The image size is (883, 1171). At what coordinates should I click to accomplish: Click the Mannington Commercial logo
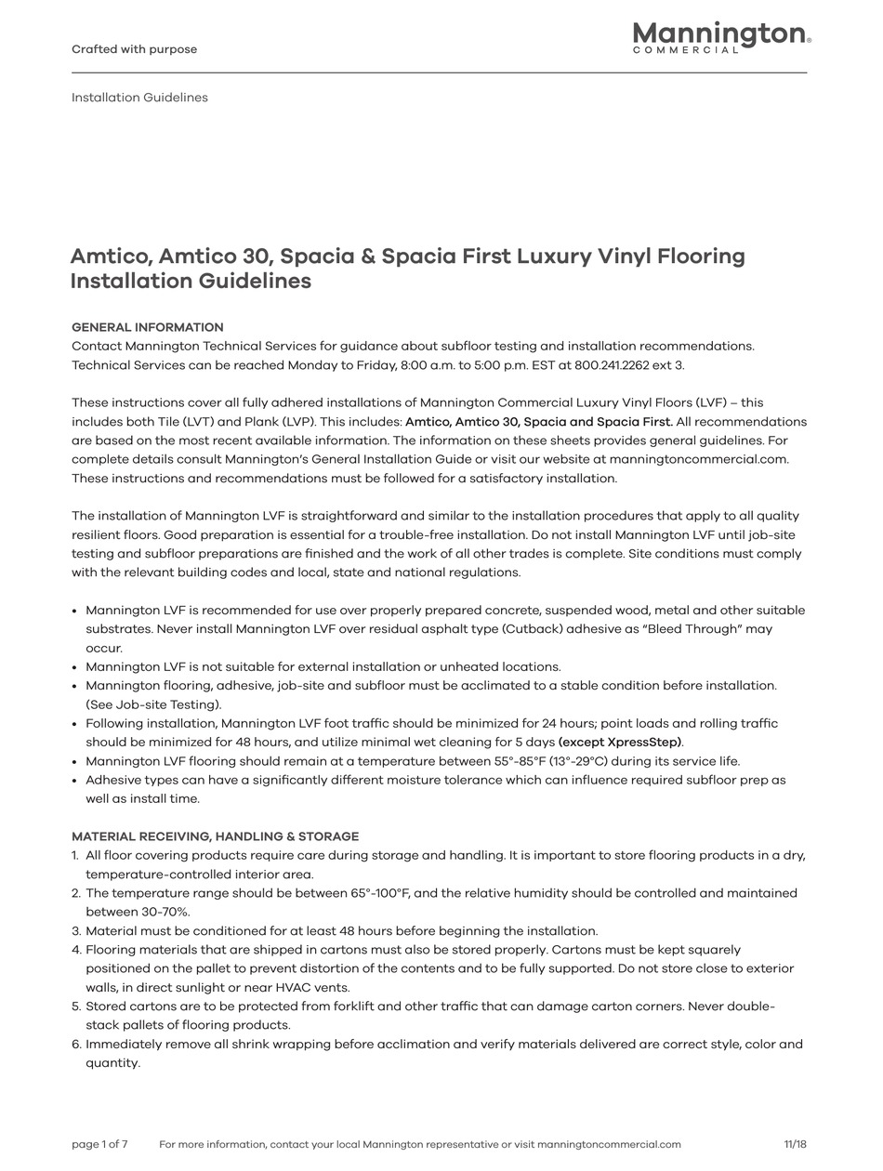pos(721,37)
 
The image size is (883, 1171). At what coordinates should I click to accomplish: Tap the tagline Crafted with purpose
pos(134,49)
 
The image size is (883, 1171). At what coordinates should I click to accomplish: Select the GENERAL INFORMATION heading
pos(147,327)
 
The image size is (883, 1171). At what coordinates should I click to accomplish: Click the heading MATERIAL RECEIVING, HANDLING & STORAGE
pos(215,836)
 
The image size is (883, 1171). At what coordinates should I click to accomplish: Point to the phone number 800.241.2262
pos(612,365)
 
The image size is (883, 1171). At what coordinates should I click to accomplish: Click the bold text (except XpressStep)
pos(621,743)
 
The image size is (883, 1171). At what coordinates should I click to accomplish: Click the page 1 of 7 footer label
pos(99,1144)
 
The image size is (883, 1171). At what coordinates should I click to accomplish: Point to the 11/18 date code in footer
pos(795,1144)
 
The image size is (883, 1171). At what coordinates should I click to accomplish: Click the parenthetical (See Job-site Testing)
pos(153,704)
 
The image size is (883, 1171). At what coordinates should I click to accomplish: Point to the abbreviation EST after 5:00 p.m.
pos(541,365)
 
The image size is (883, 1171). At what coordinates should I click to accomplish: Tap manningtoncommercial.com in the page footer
pos(609,1144)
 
